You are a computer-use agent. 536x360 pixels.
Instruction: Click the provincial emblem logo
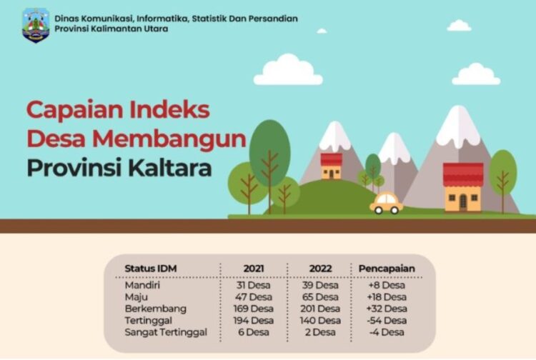[x=35, y=24]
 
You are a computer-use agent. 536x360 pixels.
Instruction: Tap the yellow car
[x=387, y=203]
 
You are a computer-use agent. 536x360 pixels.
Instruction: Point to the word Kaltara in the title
[x=171, y=169]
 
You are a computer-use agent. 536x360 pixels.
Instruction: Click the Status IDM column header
[x=151, y=269]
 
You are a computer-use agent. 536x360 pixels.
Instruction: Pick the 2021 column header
[x=254, y=269]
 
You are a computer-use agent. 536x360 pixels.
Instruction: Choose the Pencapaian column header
[x=387, y=269]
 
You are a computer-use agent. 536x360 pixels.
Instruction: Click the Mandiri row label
[x=142, y=285]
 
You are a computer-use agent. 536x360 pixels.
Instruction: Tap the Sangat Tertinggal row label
[x=166, y=332]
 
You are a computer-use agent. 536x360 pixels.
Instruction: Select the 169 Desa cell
[x=254, y=309]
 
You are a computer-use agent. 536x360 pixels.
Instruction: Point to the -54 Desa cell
[x=387, y=321]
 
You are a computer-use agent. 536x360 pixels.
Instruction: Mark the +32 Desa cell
[x=387, y=309]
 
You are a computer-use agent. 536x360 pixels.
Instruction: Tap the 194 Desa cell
[x=254, y=321]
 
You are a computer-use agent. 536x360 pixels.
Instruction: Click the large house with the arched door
[x=463, y=188]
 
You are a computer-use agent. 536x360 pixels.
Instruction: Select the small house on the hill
[x=331, y=166]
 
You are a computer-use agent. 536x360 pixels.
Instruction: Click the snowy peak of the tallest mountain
[x=457, y=125]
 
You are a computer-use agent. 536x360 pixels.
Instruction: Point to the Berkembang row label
[x=155, y=309]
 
